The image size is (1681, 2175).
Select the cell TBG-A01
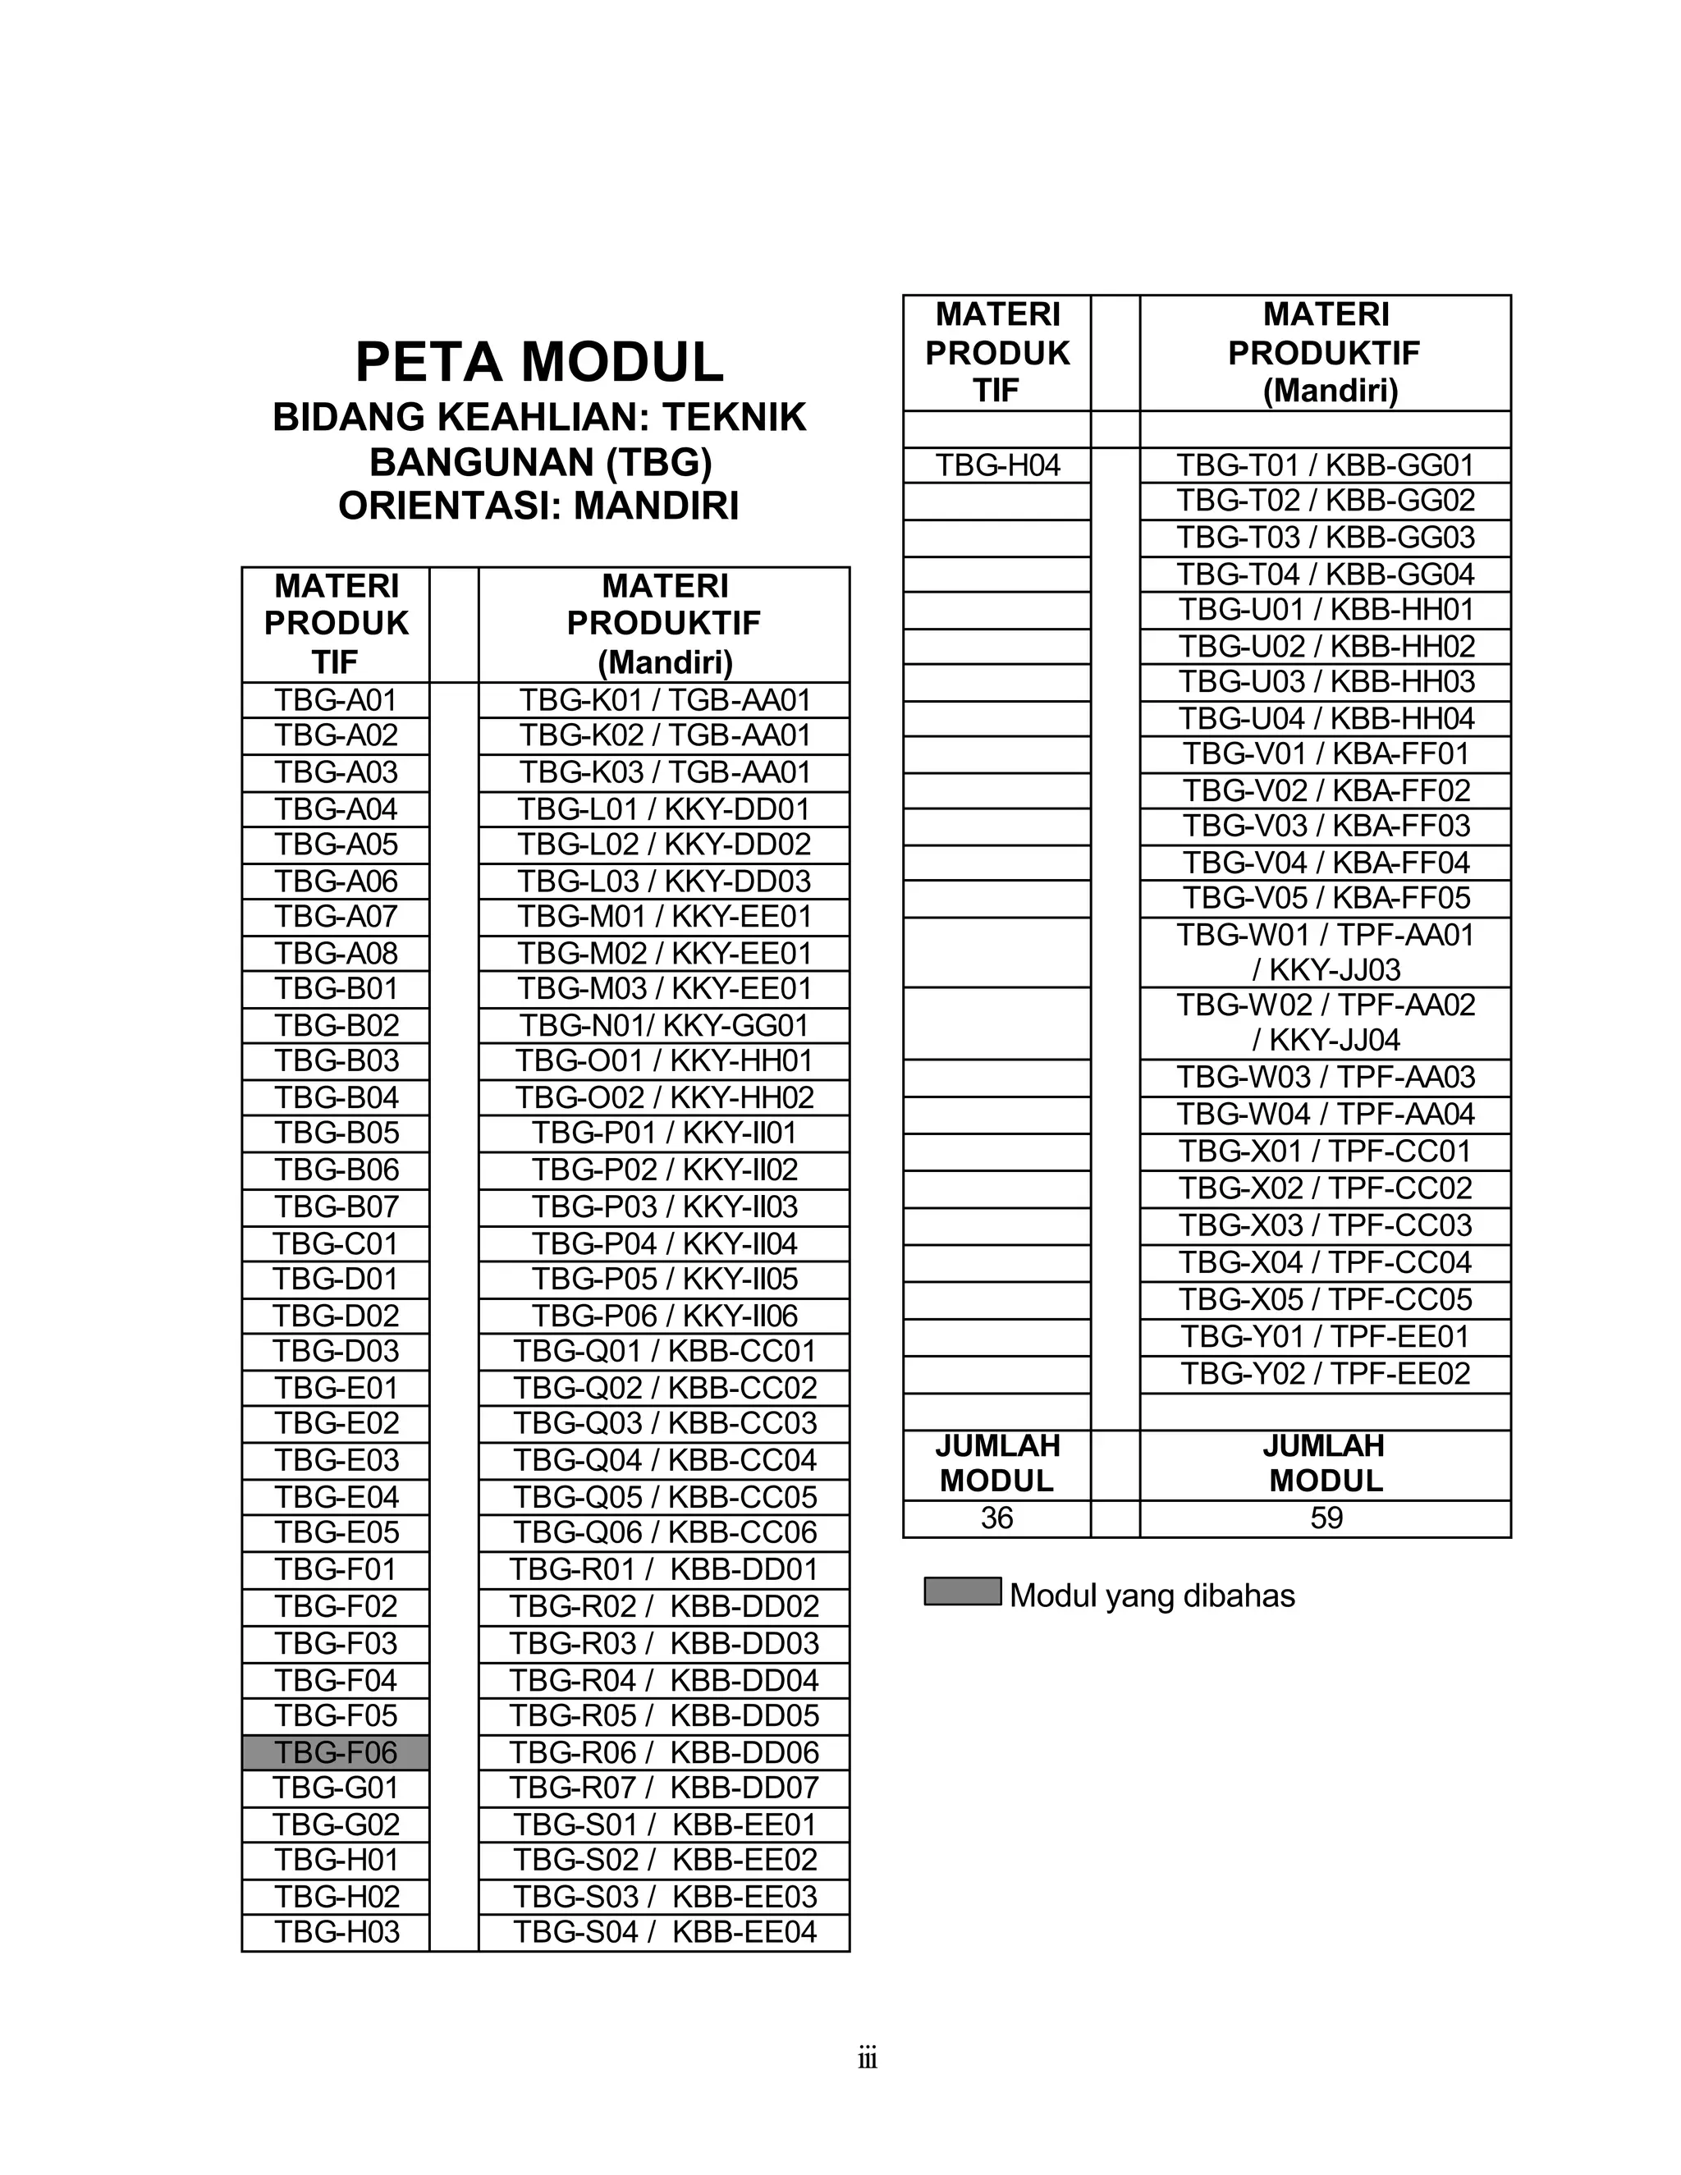point(336,699)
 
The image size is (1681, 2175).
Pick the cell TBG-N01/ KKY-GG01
point(664,1025)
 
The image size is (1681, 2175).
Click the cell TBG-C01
point(336,1243)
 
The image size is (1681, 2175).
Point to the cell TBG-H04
point(996,465)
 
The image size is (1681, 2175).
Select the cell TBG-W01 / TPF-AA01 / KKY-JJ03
point(1325,952)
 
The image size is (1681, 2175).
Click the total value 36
point(996,1518)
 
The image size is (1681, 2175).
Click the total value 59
point(1326,1518)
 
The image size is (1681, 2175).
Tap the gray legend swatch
point(962,1591)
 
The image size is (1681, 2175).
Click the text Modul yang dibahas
point(1152,1596)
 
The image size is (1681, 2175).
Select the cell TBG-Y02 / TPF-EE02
point(1325,1373)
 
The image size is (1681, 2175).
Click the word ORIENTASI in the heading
point(433,507)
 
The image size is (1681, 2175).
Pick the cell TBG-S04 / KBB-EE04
point(664,1931)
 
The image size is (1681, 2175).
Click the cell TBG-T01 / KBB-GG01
point(1325,465)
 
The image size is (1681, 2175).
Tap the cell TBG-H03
point(336,1931)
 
